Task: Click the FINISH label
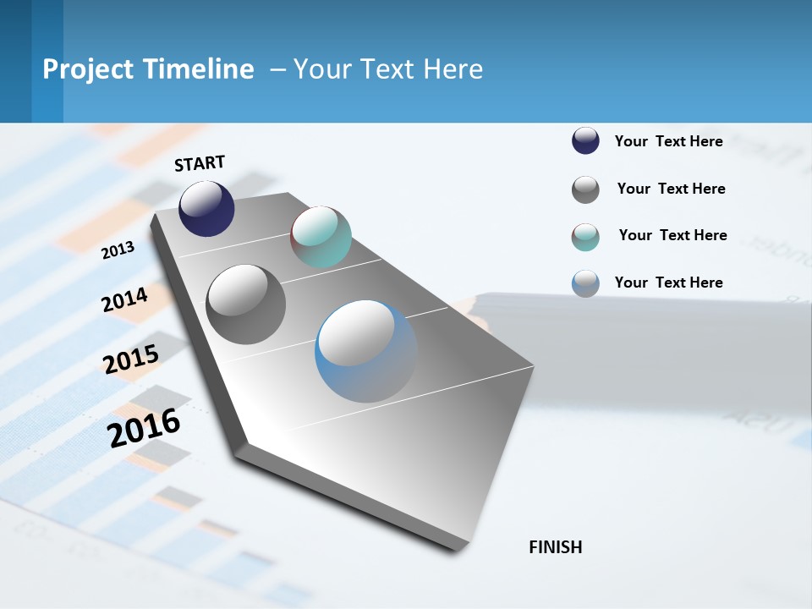coord(555,547)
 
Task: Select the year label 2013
coord(118,250)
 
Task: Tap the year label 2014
coord(125,299)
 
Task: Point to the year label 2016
coord(145,427)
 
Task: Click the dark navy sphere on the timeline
coord(206,208)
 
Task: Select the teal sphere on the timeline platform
coord(321,237)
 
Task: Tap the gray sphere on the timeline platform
coord(246,304)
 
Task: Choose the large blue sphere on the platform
coord(366,351)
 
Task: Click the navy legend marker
coord(585,140)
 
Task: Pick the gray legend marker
coord(585,189)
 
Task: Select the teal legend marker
coord(585,238)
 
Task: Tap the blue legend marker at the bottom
coord(585,283)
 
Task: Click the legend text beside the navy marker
coord(668,141)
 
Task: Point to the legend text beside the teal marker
coord(672,235)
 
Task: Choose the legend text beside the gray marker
coord(671,189)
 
